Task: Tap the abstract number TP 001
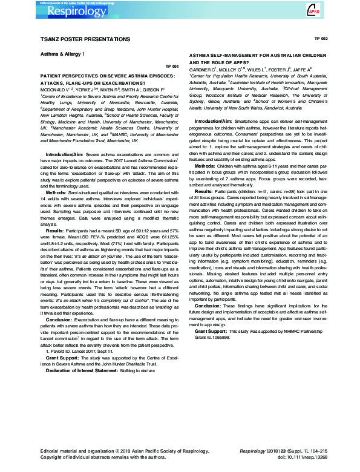click(172, 67)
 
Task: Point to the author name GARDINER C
click(207, 68)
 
